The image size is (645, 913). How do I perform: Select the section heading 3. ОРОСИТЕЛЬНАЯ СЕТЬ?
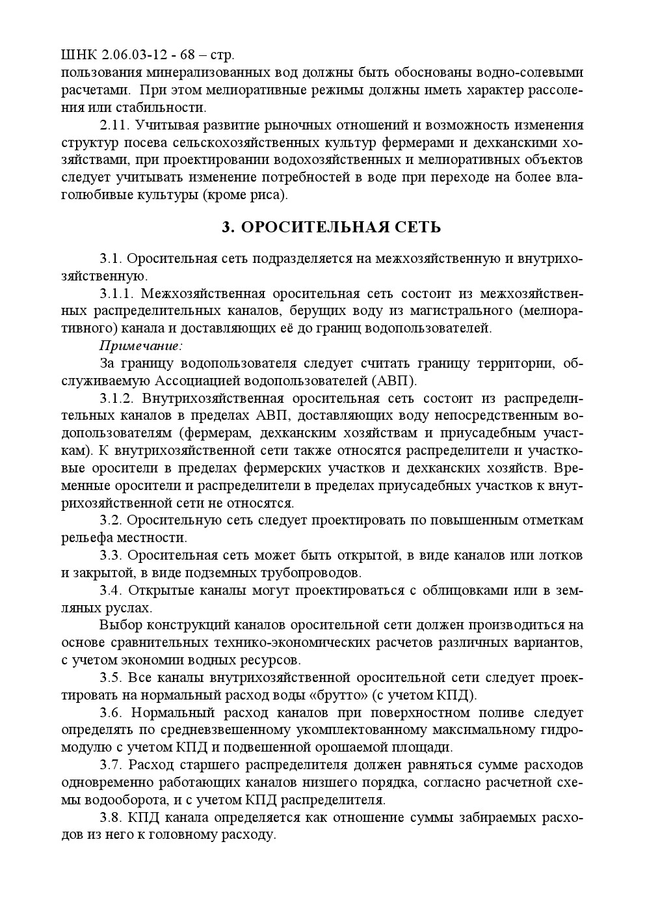coord(331,227)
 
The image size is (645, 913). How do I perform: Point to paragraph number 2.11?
coord(114,125)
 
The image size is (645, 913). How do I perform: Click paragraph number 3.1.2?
coord(117,398)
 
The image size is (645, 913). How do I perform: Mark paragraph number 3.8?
coord(111,817)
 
